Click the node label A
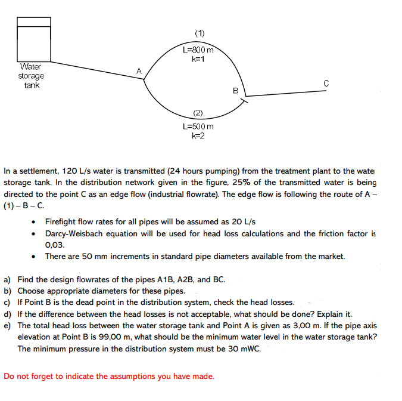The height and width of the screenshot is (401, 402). tap(139, 71)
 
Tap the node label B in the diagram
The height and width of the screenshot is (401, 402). tap(235, 91)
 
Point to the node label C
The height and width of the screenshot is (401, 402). tap(326, 83)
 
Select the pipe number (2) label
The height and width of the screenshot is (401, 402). tap(198, 113)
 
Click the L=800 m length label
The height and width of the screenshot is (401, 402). tap(198, 50)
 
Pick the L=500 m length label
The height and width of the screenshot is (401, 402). tap(198, 127)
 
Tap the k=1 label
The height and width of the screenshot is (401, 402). tap(198, 59)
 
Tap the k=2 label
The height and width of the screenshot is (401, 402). tap(198, 136)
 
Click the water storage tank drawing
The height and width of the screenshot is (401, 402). tap(34, 39)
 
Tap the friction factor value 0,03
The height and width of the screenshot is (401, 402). tap(55, 245)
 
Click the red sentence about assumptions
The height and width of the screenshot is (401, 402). tap(108, 376)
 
